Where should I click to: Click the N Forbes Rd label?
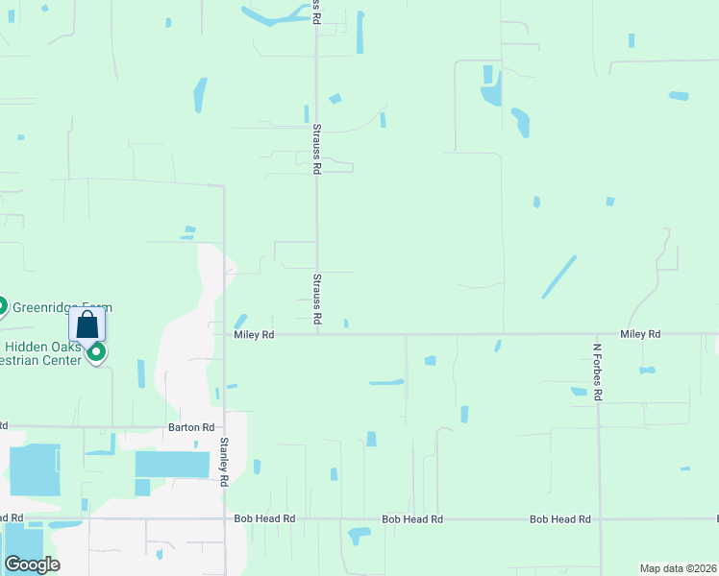click(x=597, y=372)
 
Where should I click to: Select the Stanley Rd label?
click(x=224, y=461)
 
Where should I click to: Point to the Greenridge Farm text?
click(x=61, y=307)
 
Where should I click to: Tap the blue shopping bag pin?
click(x=87, y=324)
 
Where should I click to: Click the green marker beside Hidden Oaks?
click(x=96, y=352)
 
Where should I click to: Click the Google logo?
click(x=32, y=564)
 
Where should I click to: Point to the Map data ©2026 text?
click(x=678, y=568)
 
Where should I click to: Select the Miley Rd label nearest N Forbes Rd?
click(x=640, y=334)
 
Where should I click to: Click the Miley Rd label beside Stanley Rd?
click(x=255, y=334)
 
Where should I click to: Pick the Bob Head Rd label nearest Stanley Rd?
click(x=264, y=518)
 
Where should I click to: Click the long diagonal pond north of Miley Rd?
click(x=558, y=276)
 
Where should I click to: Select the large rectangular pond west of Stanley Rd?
click(x=172, y=465)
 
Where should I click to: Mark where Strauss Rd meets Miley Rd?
click(x=317, y=334)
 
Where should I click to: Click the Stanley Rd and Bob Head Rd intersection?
click(x=224, y=518)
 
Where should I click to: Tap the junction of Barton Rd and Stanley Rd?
click(x=224, y=426)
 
